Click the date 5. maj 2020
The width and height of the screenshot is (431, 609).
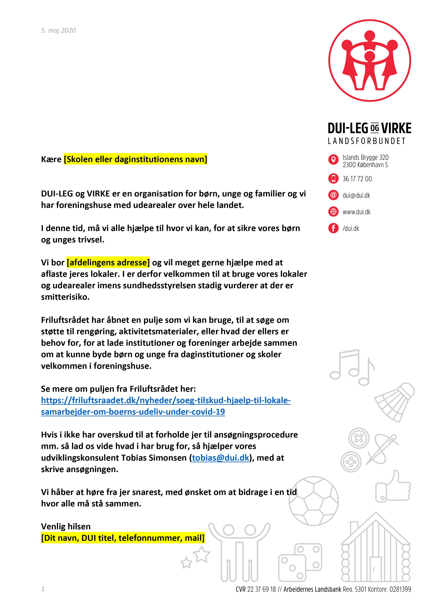tap(58, 31)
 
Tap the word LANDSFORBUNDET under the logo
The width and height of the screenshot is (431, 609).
tap(367, 141)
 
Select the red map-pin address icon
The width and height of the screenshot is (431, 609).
tap(333, 160)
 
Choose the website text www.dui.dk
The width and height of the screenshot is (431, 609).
tap(356, 212)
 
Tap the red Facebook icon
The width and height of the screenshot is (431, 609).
tap(333, 228)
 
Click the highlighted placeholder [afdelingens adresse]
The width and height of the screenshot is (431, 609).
tap(108, 263)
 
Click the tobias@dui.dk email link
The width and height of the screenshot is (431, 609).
tap(221, 458)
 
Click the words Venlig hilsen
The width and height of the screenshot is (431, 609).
tap(66, 526)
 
